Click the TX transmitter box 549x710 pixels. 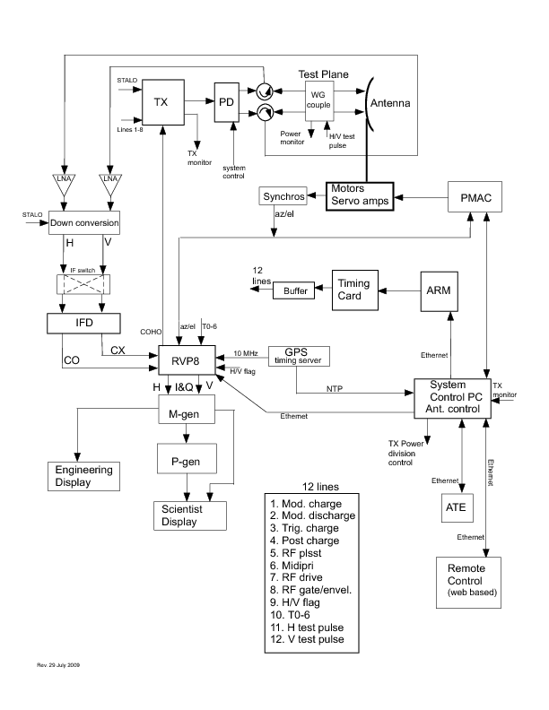point(161,102)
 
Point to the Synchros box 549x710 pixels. point(283,196)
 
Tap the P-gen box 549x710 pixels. point(186,455)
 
